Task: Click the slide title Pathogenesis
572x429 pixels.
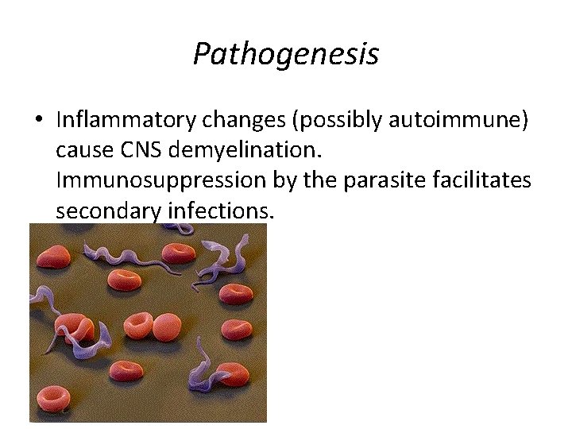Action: pos(285,55)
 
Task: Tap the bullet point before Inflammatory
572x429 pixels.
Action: pos(38,121)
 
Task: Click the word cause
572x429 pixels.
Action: pos(82,150)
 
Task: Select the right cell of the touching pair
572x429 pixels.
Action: pos(168,327)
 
